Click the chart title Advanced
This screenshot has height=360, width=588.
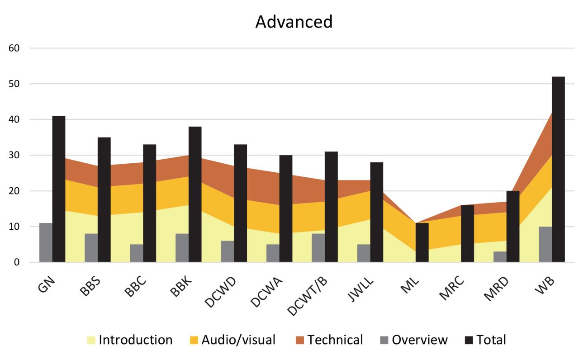coord(294,22)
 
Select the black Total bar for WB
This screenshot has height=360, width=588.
coord(558,170)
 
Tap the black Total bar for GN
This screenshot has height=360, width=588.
coord(59,189)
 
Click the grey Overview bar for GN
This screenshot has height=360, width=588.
coord(46,242)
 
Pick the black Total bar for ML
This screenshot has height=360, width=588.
coord(422,242)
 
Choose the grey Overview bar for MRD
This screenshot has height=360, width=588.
coord(500,257)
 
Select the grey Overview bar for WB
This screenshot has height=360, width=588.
coord(545,244)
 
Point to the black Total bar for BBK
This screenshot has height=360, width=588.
coord(195,194)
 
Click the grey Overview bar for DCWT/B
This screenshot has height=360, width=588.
coord(318,248)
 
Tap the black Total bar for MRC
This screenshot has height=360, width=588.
coord(467,233)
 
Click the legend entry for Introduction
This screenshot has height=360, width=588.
coord(130,340)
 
